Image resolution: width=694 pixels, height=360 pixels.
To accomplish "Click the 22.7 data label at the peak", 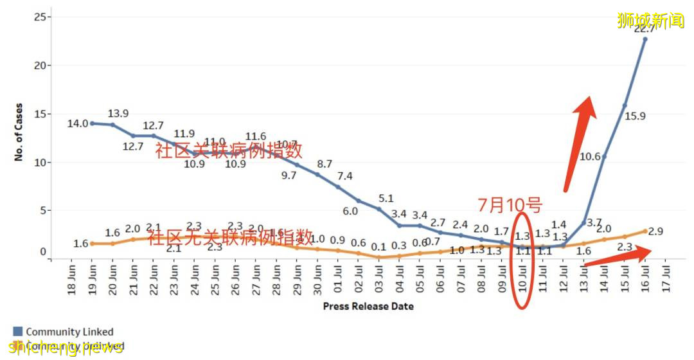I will click(x=645, y=28).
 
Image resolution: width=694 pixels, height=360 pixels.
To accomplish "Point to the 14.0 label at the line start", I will click(x=78, y=123).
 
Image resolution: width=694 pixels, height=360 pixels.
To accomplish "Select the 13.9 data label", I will click(x=118, y=113).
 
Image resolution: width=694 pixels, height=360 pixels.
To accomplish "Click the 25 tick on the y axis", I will click(x=40, y=17).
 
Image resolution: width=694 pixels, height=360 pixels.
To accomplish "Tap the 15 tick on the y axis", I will click(x=40, y=114).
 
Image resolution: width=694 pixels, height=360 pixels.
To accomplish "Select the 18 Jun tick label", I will click(x=72, y=280).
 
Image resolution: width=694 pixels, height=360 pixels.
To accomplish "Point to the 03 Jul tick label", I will click(x=379, y=280).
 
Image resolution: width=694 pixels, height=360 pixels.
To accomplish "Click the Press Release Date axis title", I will click(x=368, y=307).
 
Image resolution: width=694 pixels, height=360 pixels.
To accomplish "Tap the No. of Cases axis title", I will click(x=19, y=132).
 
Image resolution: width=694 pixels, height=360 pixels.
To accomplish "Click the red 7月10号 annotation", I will click(x=510, y=205).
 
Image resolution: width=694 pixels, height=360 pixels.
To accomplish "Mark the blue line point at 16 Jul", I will click(x=645, y=39).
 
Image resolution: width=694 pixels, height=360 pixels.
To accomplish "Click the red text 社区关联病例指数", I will click(x=228, y=150).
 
